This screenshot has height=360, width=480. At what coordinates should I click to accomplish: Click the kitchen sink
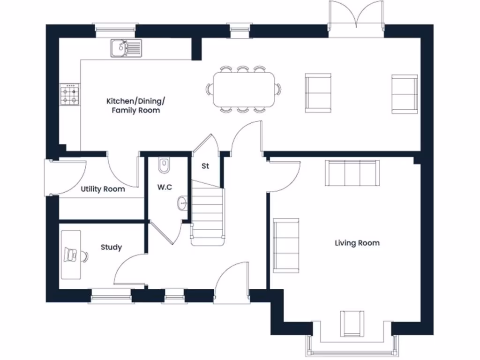[126, 48]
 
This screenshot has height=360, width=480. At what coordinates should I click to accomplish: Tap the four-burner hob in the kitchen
[69, 95]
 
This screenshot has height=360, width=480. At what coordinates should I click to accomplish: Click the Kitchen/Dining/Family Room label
[135, 105]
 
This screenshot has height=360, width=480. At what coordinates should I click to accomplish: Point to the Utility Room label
[103, 189]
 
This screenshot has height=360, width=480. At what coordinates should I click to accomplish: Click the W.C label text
[165, 187]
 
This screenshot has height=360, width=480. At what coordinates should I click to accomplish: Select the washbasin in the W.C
[182, 203]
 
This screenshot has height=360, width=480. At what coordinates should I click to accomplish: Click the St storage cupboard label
[205, 166]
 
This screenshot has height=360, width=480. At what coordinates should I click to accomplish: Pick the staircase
[207, 214]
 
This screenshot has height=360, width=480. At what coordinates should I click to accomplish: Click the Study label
[111, 247]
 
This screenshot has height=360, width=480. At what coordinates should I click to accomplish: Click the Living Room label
[357, 243]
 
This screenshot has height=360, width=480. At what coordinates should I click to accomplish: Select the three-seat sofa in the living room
[352, 172]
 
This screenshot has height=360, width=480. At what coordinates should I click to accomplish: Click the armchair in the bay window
[352, 323]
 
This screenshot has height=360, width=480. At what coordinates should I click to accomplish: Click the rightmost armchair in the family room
[404, 93]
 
